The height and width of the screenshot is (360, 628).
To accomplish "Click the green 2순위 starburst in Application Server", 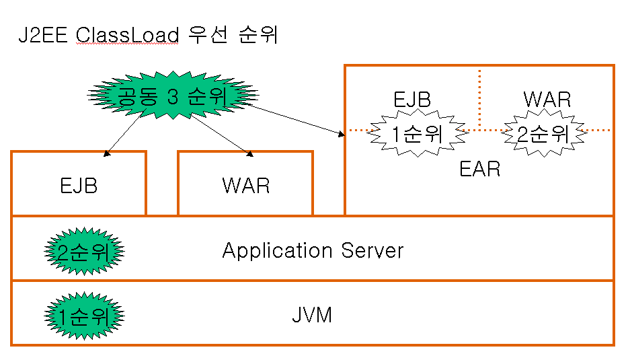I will point(84,252).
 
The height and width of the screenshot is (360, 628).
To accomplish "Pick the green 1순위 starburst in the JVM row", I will point(84,314).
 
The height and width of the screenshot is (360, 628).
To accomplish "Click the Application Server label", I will point(313,251).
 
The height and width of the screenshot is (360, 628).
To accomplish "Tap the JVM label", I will point(312,315).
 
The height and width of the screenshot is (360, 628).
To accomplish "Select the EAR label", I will point(479,168).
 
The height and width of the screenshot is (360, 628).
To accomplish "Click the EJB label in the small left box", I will point(78,186).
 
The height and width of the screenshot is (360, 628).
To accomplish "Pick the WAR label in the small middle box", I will point(245,186).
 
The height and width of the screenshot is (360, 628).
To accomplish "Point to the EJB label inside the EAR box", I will point(411,100).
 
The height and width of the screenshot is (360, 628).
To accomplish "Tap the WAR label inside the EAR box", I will point(547,100).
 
